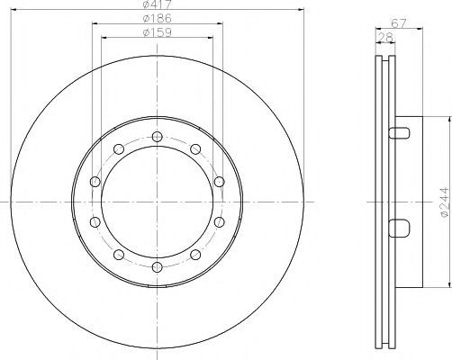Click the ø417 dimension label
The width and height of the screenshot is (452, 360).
point(157,4)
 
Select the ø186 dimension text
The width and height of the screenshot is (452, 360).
point(158,18)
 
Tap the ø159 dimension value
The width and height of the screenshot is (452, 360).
point(158,32)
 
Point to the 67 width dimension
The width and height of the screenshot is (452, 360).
point(399,23)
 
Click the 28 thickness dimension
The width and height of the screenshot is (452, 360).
point(385,38)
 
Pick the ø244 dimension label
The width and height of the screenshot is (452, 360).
point(444,202)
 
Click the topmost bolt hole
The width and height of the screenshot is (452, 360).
point(157,137)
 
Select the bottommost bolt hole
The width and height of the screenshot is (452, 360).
point(157,267)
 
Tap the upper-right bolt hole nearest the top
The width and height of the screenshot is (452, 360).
point(195,149)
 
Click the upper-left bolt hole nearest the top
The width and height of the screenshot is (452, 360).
point(119,149)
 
